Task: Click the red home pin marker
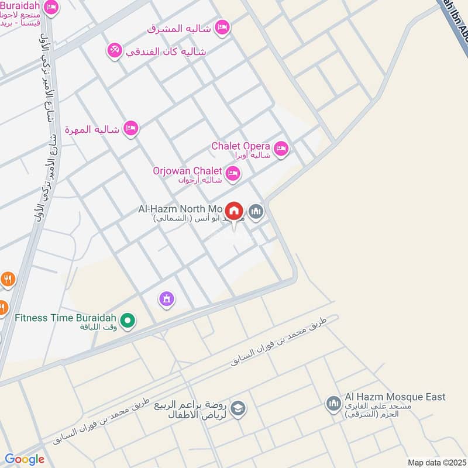click(x=234, y=212)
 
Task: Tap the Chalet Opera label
click(x=240, y=146)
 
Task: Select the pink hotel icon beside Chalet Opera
click(x=281, y=149)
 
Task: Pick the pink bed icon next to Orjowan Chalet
click(x=233, y=173)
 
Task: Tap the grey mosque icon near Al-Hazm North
click(x=256, y=211)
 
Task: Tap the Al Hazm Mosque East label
click(x=395, y=397)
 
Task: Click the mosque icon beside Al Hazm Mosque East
click(x=333, y=403)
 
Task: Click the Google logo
click(x=25, y=459)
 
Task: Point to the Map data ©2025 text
click(x=435, y=462)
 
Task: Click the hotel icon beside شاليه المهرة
click(x=131, y=128)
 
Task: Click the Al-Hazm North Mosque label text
click(x=180, y=208)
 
